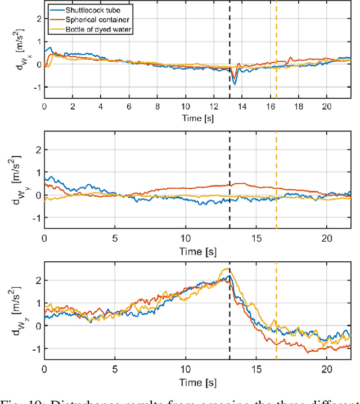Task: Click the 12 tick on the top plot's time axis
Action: point(214,107)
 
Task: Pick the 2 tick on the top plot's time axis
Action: point(73,107)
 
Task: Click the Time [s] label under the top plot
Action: point(196,118)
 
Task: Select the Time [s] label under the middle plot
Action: point(196,249)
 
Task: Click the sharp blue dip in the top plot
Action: point(235,84)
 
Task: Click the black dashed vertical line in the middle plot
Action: point(230,169)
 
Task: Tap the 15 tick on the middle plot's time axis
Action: point(256,238)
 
